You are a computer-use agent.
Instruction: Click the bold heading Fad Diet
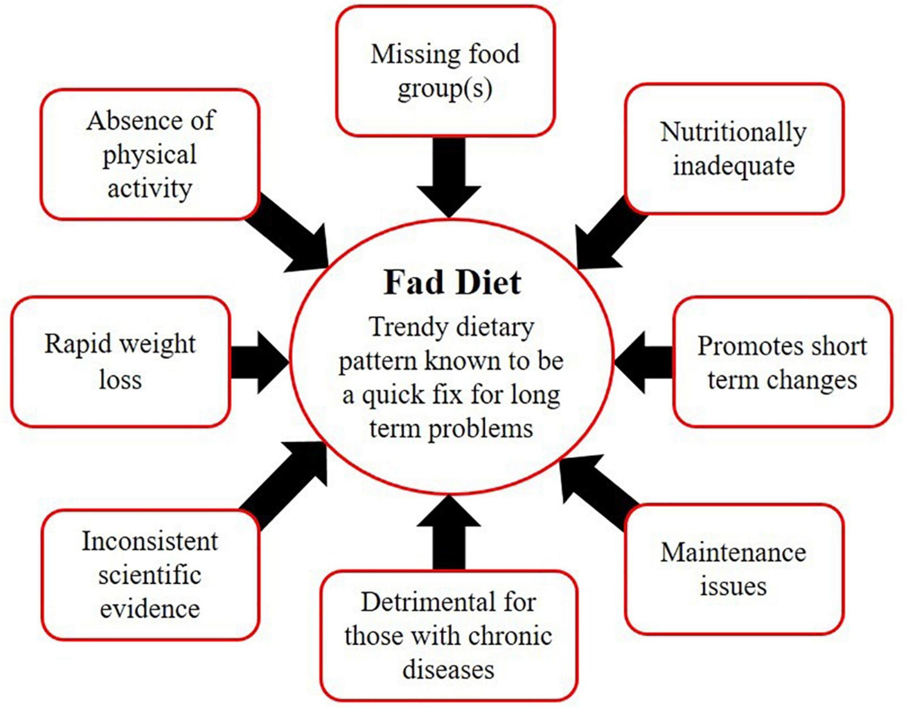click(x=452, y=283)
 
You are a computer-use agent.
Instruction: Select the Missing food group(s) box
click(x=445, y=71)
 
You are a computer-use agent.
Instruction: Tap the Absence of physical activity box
click(x=150, y=154)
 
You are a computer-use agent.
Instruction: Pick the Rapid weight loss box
click(x=120, y=361)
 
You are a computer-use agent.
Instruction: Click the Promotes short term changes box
click(x=782, y=362)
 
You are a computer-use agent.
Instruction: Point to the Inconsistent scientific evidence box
click(x=150, y=575)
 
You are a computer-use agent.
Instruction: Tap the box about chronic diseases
click(x=449, y=635)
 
